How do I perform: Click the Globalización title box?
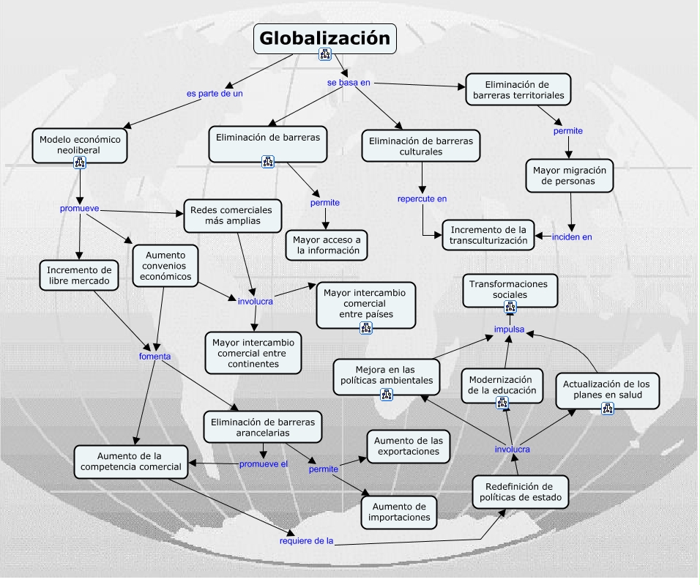coord(324,38)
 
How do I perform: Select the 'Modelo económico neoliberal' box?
coord(80,144)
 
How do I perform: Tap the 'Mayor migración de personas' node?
coord(569,175)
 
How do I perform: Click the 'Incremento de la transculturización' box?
coord(488,234)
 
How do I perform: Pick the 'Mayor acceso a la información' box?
coord(326,245)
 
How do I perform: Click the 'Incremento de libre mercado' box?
coord(78,275)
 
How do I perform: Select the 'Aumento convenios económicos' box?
coord(165,265)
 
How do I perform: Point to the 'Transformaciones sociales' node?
coord(510,288)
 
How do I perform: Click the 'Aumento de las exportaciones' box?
coord(408,446)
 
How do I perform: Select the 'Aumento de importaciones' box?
coord(399,511)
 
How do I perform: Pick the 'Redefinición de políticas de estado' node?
coord(521,492)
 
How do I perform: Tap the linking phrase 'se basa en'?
coord(349,83)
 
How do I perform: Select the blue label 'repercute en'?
coord(422,198)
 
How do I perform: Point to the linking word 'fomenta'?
coord(154,357)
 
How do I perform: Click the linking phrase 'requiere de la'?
coord(306,541)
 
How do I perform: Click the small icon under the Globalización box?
coord(325,54)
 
